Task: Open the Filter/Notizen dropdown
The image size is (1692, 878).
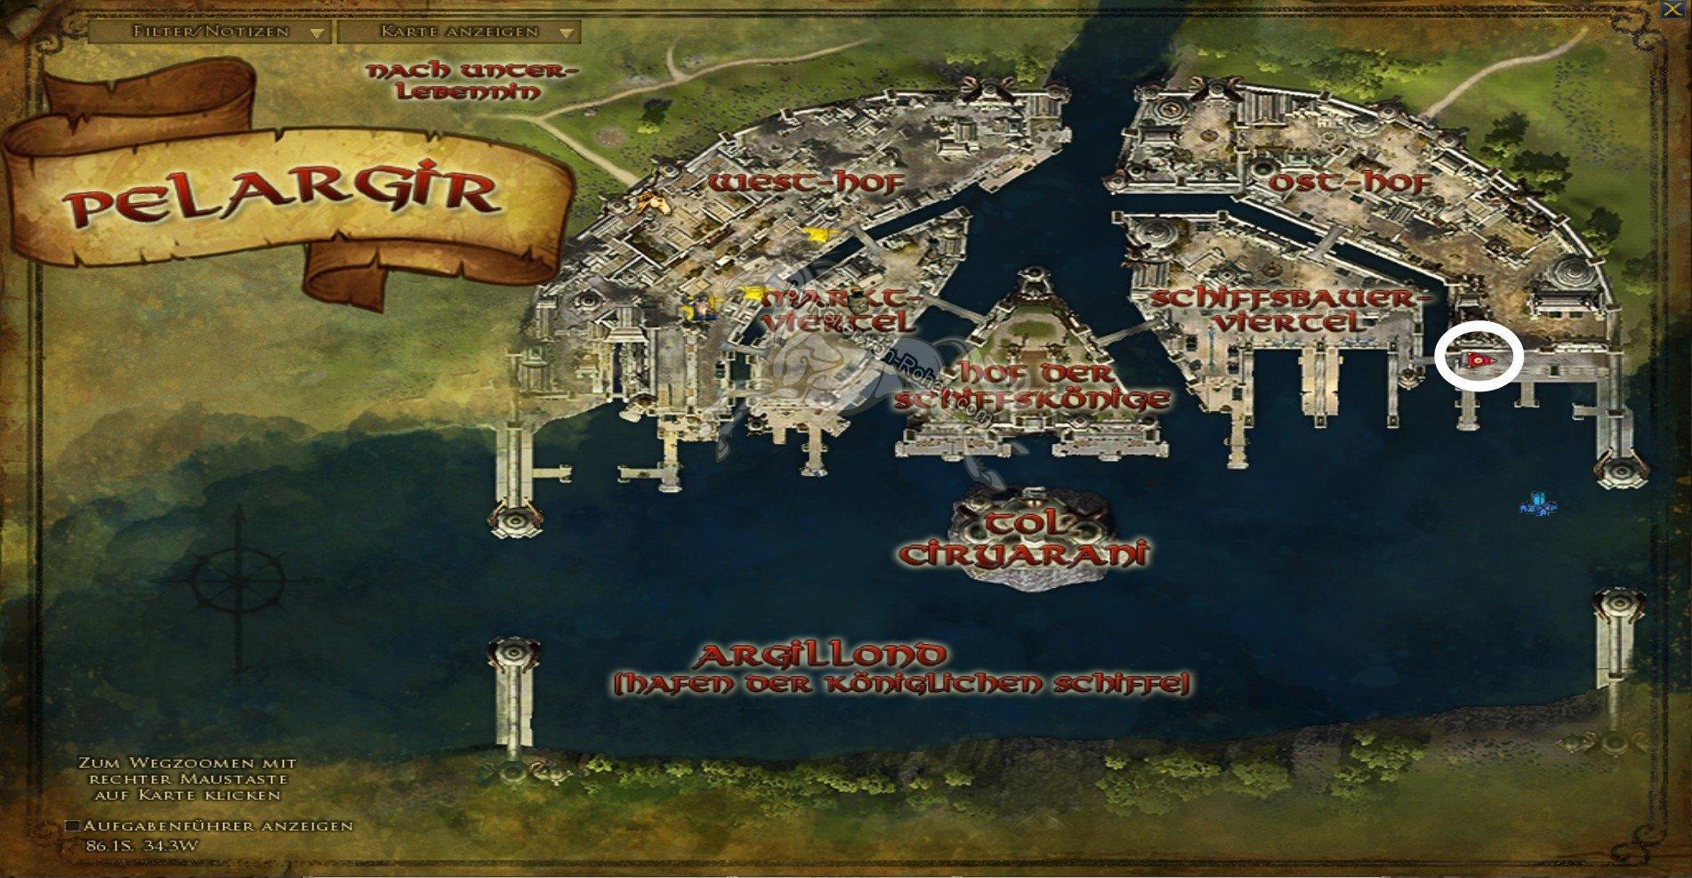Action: [x=210, y=32]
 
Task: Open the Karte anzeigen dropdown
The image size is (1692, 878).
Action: [x=459, y=32]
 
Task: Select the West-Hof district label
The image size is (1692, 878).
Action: [x=806, y=183]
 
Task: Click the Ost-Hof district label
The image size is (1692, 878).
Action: [x=1350, y=183]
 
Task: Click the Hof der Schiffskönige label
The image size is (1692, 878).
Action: [x=1032, y=385]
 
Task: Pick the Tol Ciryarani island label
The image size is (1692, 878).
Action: [x=1023, y=539]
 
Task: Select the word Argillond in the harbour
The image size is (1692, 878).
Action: [x=820, y=656]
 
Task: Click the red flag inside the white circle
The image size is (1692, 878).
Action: [x=1478, y=358]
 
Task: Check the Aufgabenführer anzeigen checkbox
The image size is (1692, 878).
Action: [x=74, y=826]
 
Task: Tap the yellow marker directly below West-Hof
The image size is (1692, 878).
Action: [x=814, y=235]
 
